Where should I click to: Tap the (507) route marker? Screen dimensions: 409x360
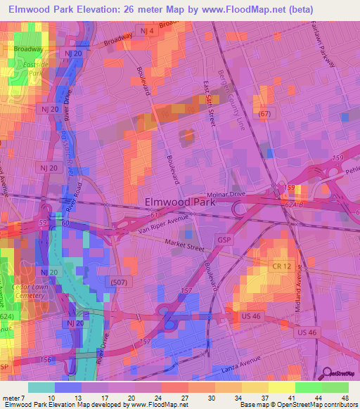tap(119, 281)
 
